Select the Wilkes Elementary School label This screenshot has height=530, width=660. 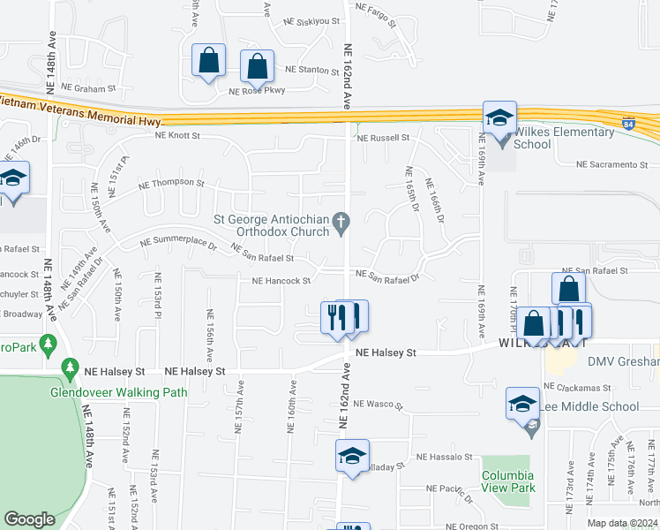coord(564,138)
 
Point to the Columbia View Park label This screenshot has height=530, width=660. coord(509,481)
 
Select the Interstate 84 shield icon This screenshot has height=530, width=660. coord(627,123)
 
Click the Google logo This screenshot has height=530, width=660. coord(29,519)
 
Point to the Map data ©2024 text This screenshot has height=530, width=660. coord(622,523)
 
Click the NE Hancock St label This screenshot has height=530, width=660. coord(281,281)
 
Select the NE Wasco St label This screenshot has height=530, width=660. coord(377,405)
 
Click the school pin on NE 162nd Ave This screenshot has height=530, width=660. coord(352,457)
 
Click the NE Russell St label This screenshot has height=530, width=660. coord(383,138)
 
